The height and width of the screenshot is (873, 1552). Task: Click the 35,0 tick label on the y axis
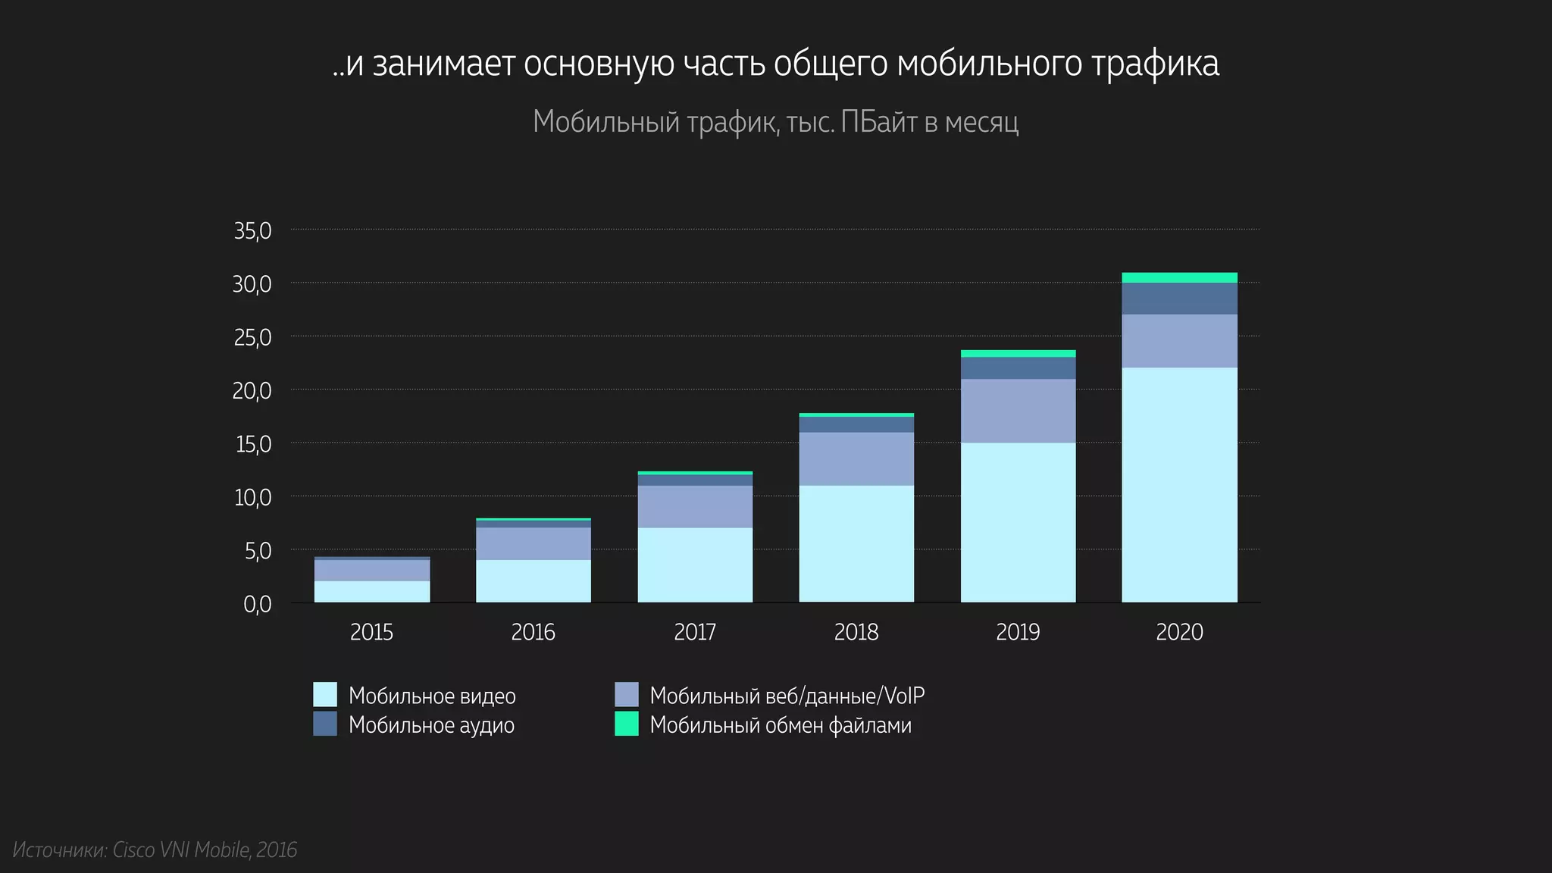tap(252, 230)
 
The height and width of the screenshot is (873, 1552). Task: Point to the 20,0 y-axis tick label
tap(252, 391)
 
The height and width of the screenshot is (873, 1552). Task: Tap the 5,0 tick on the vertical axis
tap(258, 551)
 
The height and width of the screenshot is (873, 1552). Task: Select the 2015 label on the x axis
tap(371, 632)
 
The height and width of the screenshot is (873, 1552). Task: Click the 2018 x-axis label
tap(856, 632)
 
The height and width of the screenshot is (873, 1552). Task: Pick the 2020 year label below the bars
tap(1179, 632)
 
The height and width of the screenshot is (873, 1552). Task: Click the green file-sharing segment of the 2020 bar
tap(1179, 277)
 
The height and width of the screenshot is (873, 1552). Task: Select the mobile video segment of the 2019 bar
tap(1018, 522)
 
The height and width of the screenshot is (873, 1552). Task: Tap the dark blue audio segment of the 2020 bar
tap(1179, 299)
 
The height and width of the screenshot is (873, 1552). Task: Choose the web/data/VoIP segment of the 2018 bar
tap(856, 458)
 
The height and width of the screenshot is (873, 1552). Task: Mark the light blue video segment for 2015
tap(371, 592)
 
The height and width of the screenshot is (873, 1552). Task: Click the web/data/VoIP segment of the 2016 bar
tap(533, 543)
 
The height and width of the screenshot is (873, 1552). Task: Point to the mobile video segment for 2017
tap(695, 565)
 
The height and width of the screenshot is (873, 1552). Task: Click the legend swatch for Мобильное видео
tap(325, 695)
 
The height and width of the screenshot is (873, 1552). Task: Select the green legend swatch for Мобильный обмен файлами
tap(626, 724)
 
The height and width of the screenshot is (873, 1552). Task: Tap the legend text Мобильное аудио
tap(431, 725)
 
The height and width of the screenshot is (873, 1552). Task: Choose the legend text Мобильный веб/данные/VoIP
tap(787, 695)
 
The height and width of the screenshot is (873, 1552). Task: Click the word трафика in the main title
tap(1155, 64)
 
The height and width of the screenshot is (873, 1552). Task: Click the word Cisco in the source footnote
tap(133, 850)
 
